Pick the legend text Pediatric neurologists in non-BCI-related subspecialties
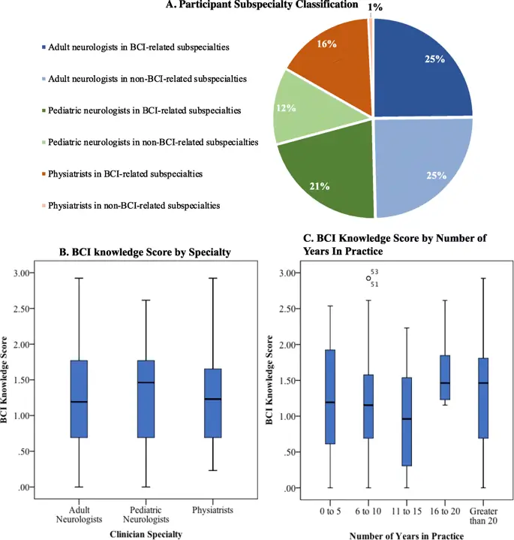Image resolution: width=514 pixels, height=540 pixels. [x=153, y=142]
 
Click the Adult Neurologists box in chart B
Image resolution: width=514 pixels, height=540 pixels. [x=79, y=399]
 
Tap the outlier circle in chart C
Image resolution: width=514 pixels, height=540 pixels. [x=368, y=278]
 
